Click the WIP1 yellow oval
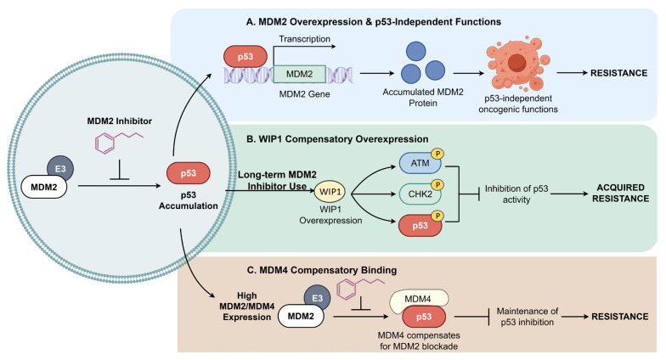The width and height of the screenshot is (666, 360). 330,192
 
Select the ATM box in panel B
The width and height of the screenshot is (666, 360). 420,163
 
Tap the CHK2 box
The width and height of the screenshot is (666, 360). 420,194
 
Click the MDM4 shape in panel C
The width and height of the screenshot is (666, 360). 419,299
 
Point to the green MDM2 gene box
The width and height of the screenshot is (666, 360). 299,74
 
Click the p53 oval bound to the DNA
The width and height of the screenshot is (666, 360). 246,56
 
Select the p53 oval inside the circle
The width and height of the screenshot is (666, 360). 189,173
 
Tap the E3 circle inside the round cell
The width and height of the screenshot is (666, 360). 60,168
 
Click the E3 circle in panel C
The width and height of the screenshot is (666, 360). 318,298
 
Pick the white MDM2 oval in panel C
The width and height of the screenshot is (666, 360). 301,316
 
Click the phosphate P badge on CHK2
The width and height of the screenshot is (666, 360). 437,185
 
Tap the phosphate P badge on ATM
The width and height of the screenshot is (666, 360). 437,154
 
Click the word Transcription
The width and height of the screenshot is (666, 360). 304,39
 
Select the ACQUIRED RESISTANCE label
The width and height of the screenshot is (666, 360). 620,194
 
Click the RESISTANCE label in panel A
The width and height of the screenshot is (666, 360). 618,73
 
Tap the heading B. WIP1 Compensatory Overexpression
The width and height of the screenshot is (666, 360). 337,139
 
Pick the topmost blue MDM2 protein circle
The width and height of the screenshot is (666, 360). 416,51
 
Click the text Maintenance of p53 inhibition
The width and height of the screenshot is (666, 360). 527,317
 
